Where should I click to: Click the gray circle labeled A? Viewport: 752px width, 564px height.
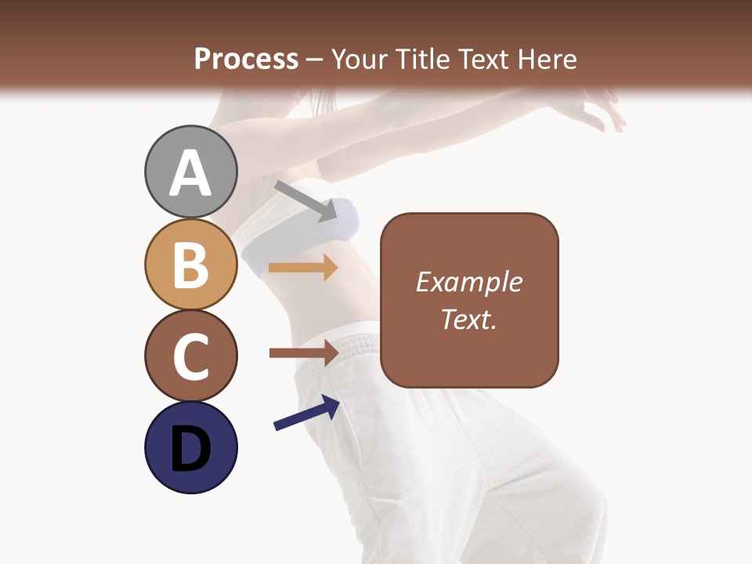(190, 172)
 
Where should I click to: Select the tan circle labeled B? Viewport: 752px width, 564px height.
(190, 264)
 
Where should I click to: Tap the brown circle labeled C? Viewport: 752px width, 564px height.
(190, 356)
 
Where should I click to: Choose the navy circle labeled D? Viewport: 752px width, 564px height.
(190, 447)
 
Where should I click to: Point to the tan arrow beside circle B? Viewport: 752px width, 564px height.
(303, 267)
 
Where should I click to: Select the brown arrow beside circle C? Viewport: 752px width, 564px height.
(303, 353)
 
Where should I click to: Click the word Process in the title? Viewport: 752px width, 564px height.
(246, 59)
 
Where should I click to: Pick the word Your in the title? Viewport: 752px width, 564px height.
(360, 59)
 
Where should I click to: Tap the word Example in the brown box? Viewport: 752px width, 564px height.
(468, 282)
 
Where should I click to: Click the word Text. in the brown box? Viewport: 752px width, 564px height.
(468, 319)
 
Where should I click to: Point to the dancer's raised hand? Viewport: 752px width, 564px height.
(603, 110)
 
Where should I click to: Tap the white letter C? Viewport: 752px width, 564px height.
(190, 357)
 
